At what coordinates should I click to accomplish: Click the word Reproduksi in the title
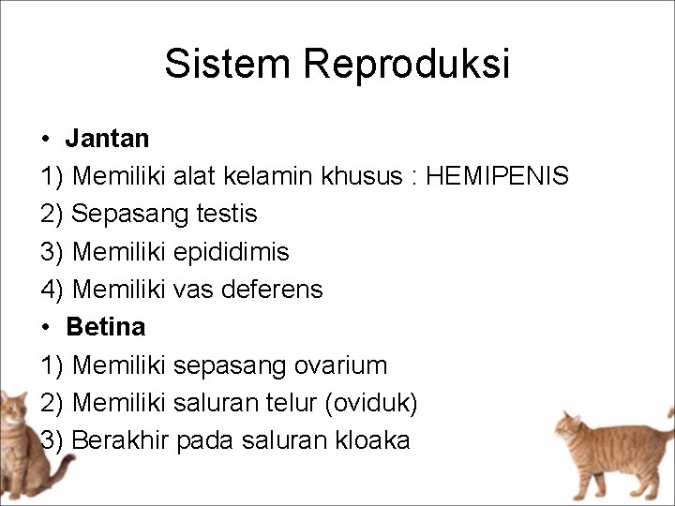click(407, 64)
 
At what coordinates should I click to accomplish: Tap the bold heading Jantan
click(107, 139)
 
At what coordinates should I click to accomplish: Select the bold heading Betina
click(106, 327)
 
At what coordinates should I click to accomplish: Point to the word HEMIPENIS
click(497, 176)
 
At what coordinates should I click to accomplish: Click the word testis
click(227, 214)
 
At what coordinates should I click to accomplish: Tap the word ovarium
click(340, 365)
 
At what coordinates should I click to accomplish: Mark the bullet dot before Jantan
click(46, 140)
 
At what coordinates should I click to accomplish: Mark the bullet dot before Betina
click(46, 328)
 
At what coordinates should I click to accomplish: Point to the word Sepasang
click(117, 214)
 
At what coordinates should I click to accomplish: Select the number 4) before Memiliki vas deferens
click(52, 290)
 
